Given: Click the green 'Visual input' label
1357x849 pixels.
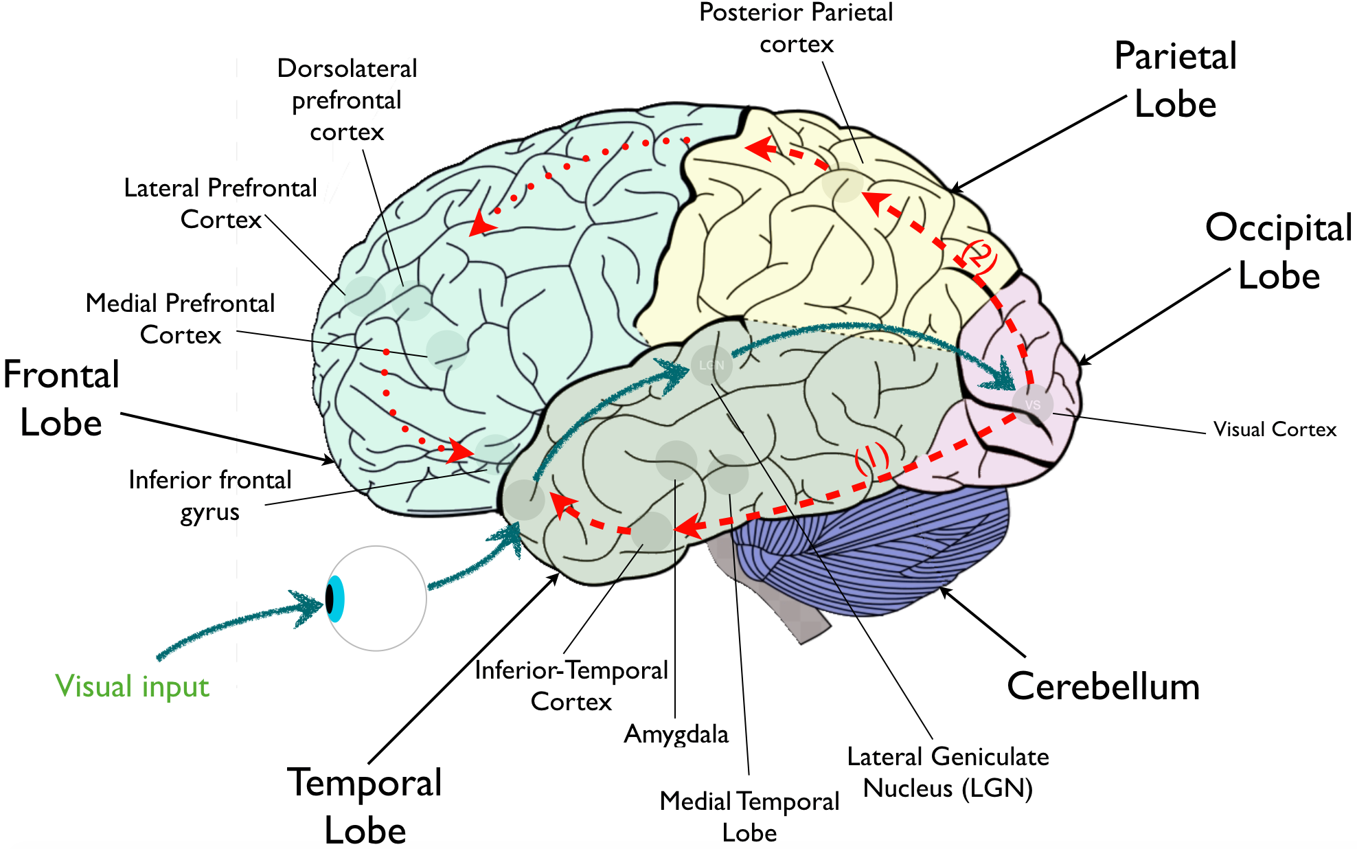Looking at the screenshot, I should (x=132, y=686).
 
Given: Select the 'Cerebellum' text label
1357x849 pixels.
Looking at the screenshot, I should (x=1103, y=686).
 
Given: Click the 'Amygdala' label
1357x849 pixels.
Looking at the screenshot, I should (x=676, y=734).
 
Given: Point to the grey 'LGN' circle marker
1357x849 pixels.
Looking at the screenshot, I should (x=711, y=365).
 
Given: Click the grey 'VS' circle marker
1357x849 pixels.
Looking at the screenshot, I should (x=1032, y=405).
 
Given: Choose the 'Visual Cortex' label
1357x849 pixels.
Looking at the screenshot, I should (x=1275, y=429).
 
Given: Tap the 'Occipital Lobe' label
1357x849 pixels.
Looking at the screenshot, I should (x=1279, y=251).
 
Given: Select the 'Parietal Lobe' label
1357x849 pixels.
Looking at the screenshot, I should (x=1175, y=80).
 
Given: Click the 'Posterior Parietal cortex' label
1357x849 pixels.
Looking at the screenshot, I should (x=796, y=28).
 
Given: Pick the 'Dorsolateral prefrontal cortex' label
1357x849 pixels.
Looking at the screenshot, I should (x=347, y=100).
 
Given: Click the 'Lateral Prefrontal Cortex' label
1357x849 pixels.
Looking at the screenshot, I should (x=220, y=203).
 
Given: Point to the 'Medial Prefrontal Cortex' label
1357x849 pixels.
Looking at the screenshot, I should (x=180, y=319).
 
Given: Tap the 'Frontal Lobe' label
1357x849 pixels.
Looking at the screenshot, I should (x=61, y=398).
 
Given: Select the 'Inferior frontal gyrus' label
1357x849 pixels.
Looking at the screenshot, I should (x=210, y=495).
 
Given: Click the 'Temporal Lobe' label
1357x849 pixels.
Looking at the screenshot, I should (x=365, y=806).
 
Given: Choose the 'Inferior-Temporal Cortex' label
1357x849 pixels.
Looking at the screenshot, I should (x=571, y=686).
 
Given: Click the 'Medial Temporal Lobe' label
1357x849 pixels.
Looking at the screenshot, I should (x=749, y=817).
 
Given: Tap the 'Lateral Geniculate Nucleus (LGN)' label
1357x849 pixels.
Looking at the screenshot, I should (x=948, y=772).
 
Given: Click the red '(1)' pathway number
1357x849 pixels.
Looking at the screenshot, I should (x=871, y=458).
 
